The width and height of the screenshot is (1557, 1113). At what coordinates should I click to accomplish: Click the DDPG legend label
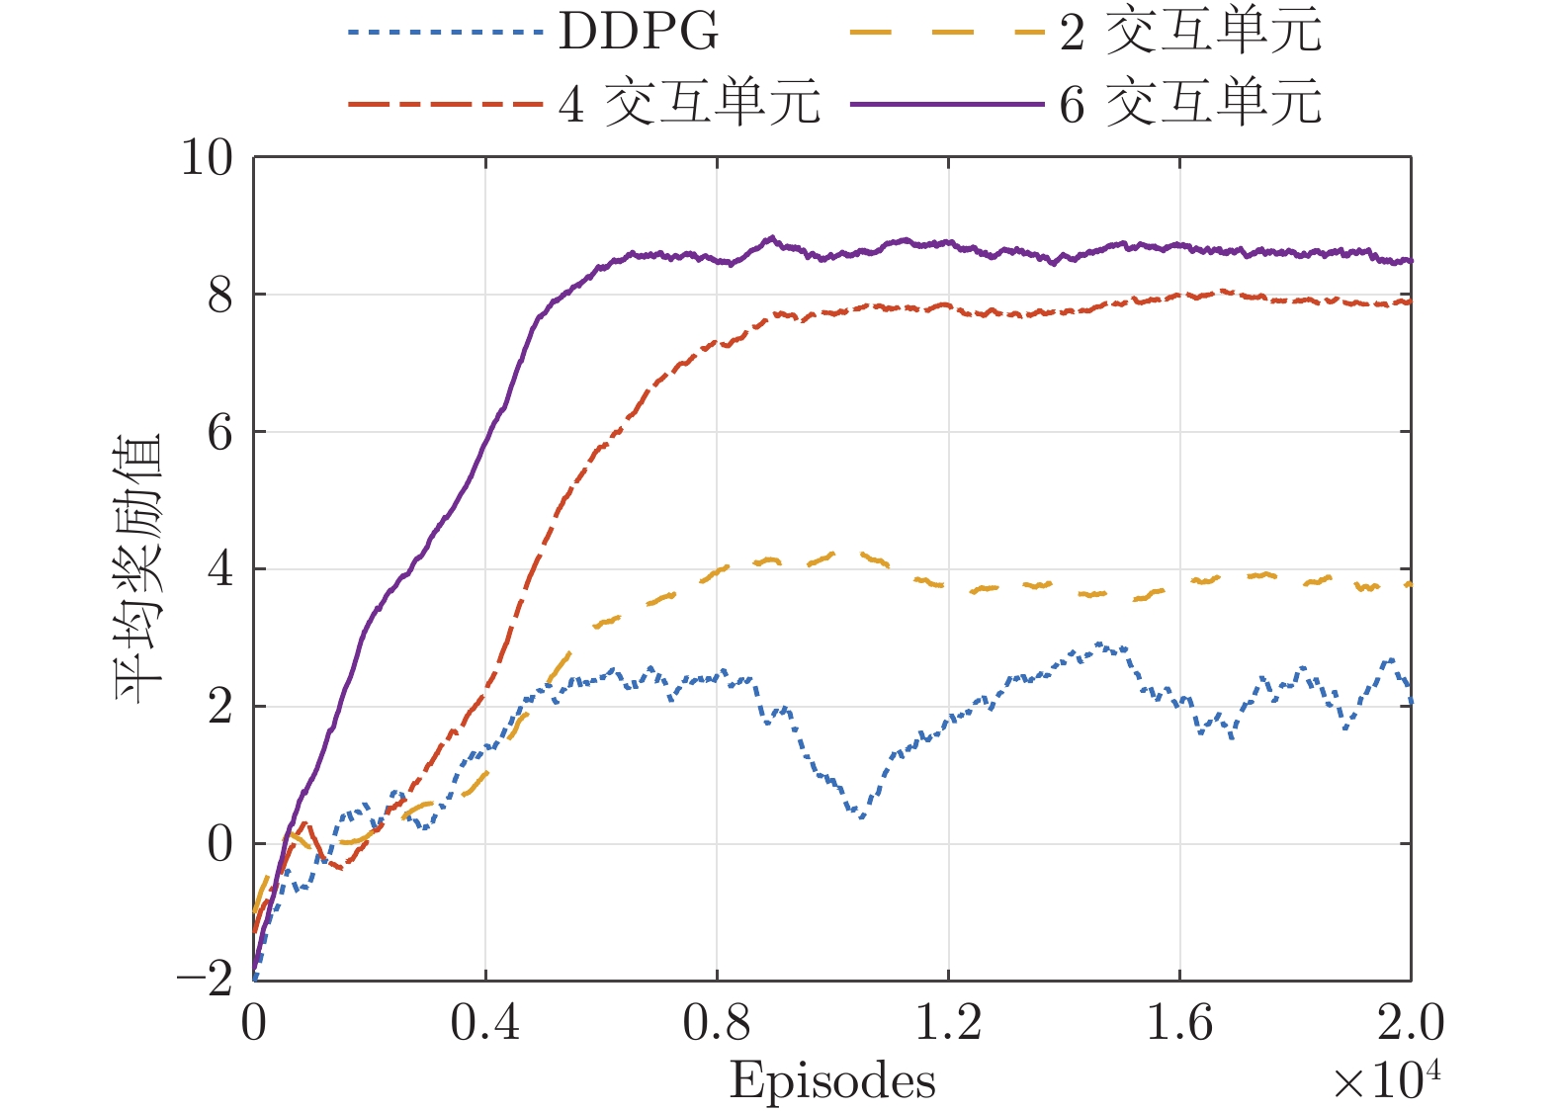tap(639, 32)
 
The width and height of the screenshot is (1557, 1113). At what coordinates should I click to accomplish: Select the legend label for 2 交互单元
tap(1190, 32)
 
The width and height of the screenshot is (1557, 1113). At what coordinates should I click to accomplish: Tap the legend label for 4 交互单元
tap(689, 103)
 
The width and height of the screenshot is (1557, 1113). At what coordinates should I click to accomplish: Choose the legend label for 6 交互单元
tap(1190, 103)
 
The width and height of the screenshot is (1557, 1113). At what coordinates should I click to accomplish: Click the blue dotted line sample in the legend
tap(446, 32)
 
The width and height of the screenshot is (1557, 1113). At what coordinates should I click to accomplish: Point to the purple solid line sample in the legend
tap(946, 103)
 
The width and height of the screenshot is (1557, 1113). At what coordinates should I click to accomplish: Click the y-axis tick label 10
tap(207, 157)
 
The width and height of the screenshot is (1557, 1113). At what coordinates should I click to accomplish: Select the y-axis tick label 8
tap(219, 295)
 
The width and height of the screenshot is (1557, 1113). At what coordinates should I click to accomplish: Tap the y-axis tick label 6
tap(219, 432)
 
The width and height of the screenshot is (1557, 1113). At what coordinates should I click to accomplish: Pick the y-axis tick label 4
tap(219, 569)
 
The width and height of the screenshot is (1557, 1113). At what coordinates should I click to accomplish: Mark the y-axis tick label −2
tap(205, 981)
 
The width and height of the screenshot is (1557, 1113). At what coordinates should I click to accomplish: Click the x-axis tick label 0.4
tap(484, 1024)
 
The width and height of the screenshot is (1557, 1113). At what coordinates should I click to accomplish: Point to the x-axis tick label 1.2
tap(948, 1024)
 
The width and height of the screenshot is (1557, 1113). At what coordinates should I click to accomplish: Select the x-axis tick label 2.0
tap(1411, 1024)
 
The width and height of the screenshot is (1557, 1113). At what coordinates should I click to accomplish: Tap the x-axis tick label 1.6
tap(1179, 1024)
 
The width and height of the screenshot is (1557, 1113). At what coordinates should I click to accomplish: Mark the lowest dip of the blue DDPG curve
tap(861, 816)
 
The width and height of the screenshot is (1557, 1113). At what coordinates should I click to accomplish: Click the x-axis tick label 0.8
tap(717, 1024)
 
